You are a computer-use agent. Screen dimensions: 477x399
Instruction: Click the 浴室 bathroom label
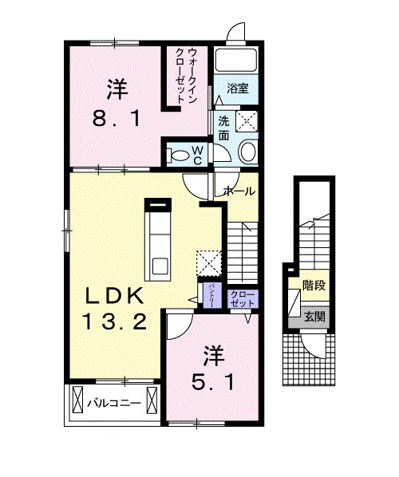point(237,89)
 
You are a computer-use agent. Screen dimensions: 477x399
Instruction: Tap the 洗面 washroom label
point(224,128)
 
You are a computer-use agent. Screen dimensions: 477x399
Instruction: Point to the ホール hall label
point(239,191)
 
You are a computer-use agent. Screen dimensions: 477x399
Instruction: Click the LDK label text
point(115,297)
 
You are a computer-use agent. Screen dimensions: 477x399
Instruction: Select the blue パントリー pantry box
point(212,293)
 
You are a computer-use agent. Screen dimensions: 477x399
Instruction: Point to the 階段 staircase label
point(313,285)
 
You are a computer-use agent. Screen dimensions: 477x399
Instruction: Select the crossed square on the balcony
point(78,402)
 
